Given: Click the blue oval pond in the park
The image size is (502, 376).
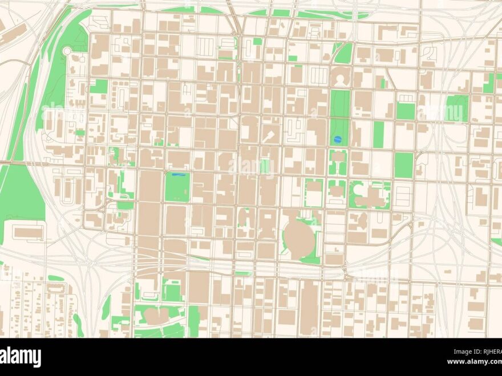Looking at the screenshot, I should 337,139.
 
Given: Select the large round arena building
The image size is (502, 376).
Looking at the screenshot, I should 299,238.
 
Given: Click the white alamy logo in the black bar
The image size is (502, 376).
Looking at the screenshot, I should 21,357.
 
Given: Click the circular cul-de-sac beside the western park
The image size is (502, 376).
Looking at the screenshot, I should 67,51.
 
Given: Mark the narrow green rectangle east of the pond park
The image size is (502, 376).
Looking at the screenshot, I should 378,134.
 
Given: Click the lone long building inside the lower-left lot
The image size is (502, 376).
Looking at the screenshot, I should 28,232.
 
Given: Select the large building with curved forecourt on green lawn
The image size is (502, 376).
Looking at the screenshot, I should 371,195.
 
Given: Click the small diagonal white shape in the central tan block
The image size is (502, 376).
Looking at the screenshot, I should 268,136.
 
